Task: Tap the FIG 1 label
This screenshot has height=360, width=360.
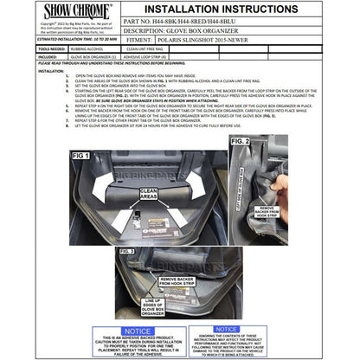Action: pos(81,156)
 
